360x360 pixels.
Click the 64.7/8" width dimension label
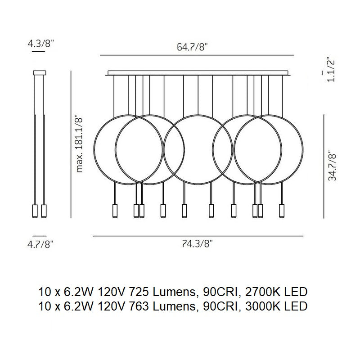click(192, 47)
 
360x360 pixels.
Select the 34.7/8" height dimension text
click(332, 166)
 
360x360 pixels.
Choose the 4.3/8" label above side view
click(40, 43)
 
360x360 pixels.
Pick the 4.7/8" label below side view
click(40, 244)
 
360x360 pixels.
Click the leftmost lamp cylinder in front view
click(115, 211)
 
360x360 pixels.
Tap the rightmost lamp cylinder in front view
click(282, 211)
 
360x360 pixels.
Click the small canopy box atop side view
click(40, 73)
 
